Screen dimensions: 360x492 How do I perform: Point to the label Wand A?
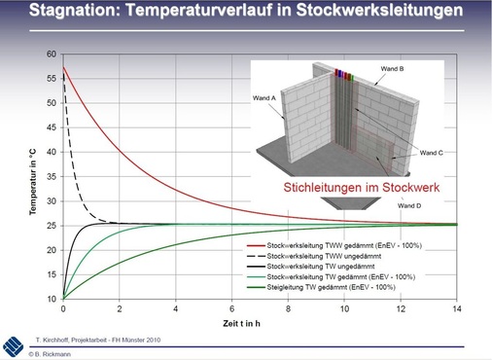(265, 98)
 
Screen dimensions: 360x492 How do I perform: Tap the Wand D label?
(409, 205)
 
